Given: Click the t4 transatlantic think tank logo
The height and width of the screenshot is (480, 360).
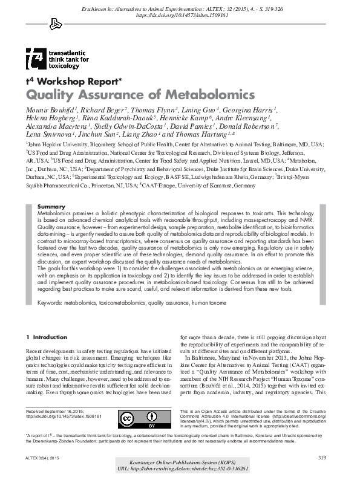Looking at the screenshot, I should click(x=57, y=60).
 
